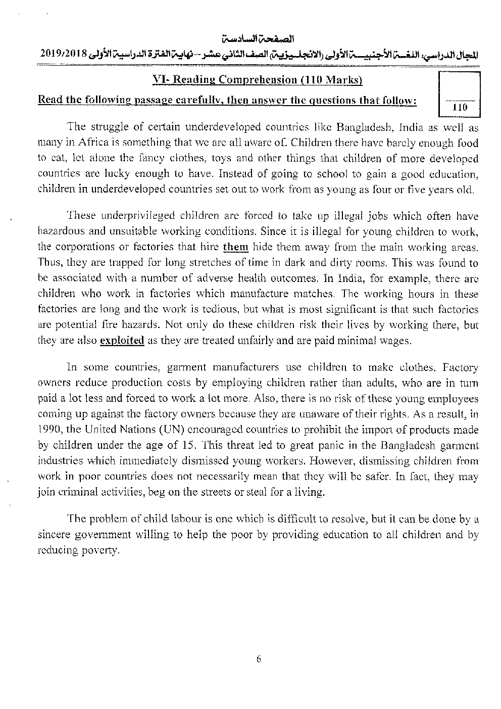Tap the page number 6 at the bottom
[x=258, y=658]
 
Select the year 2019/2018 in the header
[x=62, y=54]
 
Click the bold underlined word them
[x=236, y=247]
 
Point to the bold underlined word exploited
[x=122, y=341]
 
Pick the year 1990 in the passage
[x=49, y=430]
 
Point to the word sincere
[x=53, y=535]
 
